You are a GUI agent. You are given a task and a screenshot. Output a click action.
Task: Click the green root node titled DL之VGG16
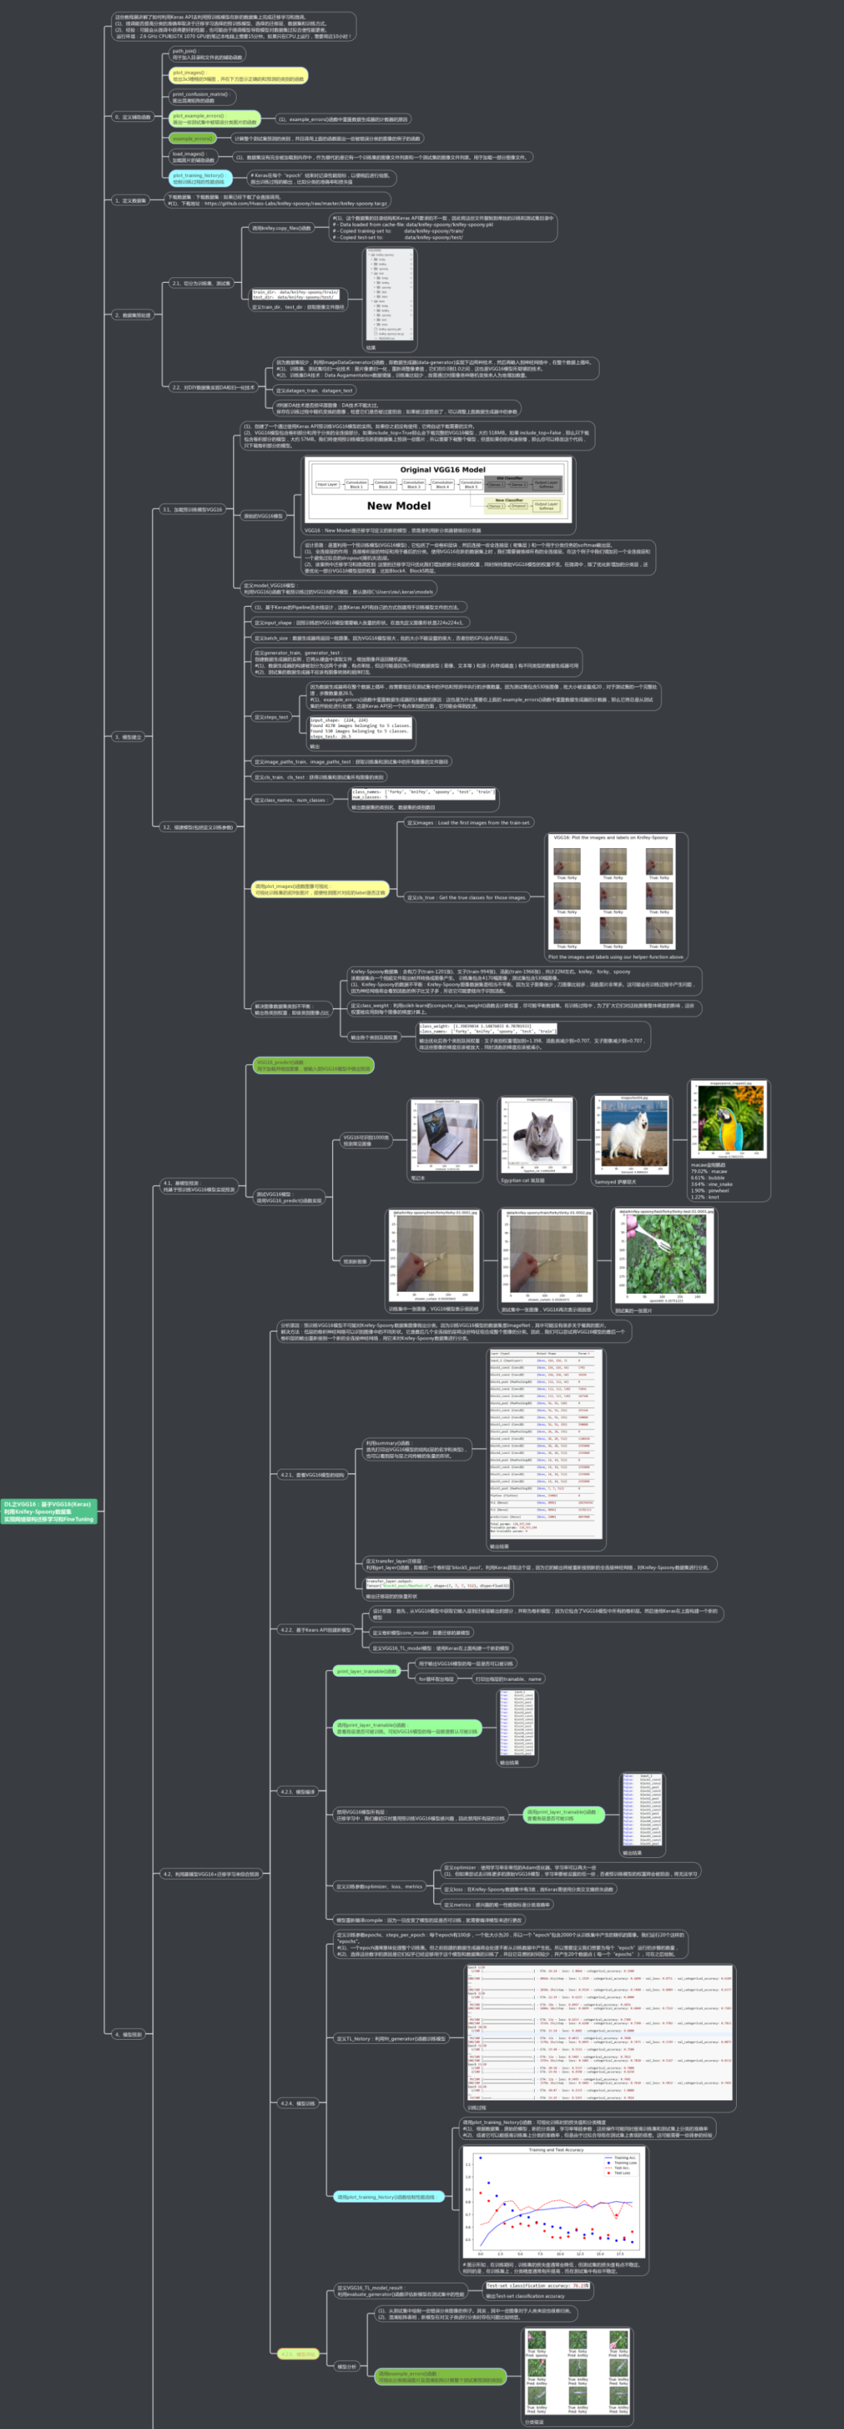click(49, 1510)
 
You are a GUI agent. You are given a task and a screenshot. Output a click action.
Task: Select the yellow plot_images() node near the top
click(237, 75)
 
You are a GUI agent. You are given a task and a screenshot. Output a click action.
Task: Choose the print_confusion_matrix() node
click(201, 97)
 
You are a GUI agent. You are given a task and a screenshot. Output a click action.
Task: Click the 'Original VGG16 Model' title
click(442, 469)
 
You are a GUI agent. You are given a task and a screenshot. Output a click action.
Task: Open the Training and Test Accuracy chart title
click(556, 2150)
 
